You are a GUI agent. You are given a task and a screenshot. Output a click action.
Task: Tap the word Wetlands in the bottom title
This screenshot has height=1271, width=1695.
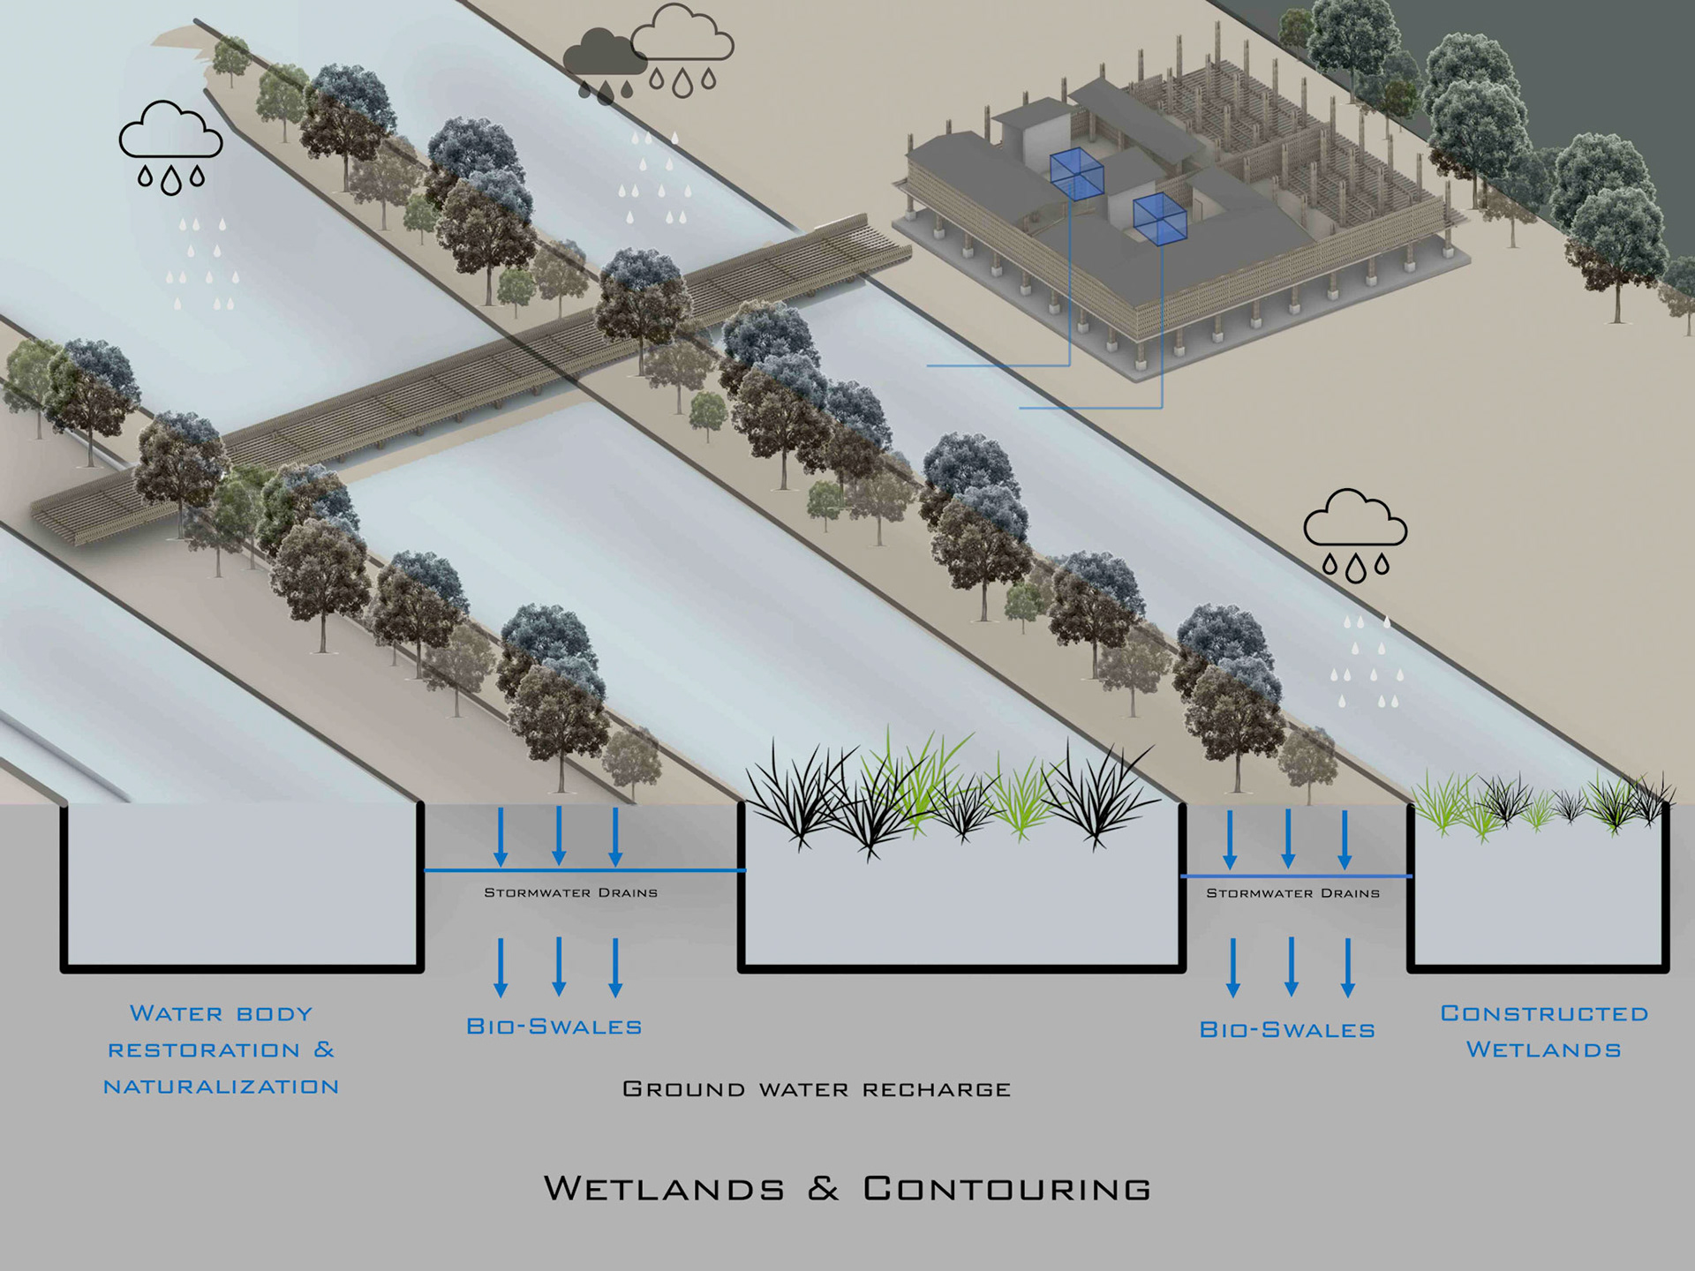pyautogui.click(x=664, y=1188)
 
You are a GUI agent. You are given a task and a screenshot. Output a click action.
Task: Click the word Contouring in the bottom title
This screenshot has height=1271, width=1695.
pyautogui.click(x=1007, y=1188)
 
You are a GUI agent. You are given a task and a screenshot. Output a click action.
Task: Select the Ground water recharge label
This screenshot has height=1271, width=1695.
pyautogui.click(x=817, y=1089)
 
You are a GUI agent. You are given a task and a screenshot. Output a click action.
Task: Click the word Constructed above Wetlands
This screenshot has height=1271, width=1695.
pyautogui.click(x=1544, y=1013)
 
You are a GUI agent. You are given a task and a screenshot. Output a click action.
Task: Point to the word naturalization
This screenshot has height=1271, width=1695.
pyautogui.click(x=221, y=1087)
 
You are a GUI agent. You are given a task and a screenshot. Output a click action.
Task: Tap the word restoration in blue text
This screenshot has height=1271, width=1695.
pyautogui.click(x=204, y=1050)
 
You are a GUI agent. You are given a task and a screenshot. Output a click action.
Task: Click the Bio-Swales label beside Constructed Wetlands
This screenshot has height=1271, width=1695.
pyautogui.click(x=1287, y=1030)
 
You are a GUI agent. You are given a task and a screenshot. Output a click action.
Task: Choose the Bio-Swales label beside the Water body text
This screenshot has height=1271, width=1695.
pyautogui.click(x=554, y=1027)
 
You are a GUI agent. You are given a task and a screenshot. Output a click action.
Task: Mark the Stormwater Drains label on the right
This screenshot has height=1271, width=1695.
pyautogui.click(x=1292, y=893)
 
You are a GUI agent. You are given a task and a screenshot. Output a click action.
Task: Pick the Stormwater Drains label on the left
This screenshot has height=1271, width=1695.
pyautogui.click(x=570, y=892)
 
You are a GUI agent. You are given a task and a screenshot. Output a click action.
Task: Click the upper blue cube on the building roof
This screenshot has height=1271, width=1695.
pyautogui.click(x=1076, y=173)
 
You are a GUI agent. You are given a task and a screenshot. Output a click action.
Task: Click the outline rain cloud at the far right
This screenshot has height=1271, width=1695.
pyautogui.click(x=1355, y=519)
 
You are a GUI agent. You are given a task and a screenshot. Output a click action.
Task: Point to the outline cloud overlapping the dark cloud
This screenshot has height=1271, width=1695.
pyautogui.click(x=685, y=37)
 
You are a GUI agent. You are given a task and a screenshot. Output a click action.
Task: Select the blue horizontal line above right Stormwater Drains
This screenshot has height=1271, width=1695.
pyautogui.click(x=1296, y=876)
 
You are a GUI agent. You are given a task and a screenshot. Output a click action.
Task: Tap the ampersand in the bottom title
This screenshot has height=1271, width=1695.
pyautogui.click(x=823, y=1188)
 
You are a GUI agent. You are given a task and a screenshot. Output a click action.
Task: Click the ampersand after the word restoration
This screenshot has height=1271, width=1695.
pyautogui.click(x=324, y=1049)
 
